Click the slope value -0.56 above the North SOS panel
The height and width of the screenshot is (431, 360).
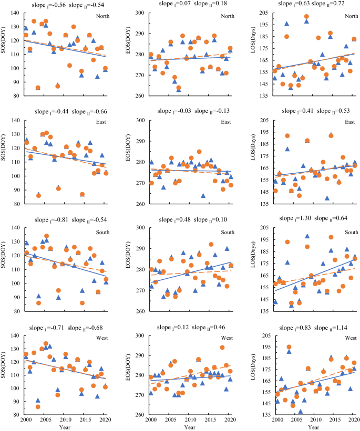coord(54,5)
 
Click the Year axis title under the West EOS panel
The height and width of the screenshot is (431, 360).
coord(190,427)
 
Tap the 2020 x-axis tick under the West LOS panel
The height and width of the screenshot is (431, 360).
coord(354,420)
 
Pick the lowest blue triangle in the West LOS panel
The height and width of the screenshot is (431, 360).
coord(300,411)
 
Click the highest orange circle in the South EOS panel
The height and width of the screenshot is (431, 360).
coord(211,244)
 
